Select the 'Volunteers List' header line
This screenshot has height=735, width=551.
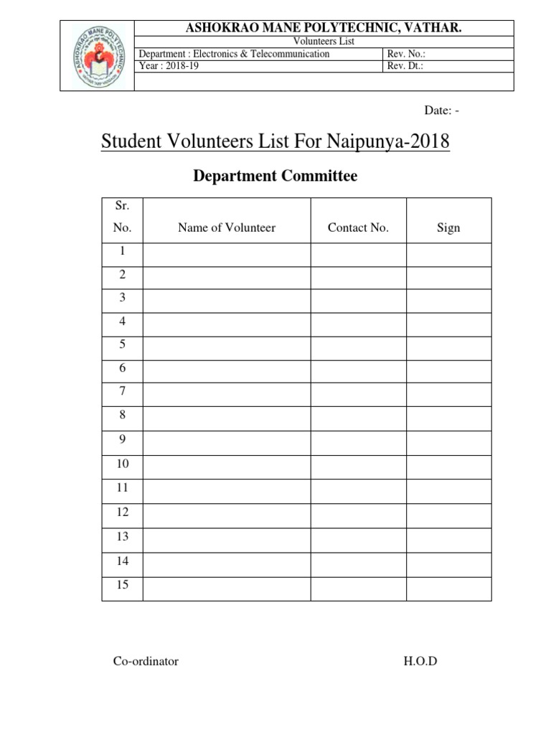(x=326, y=42)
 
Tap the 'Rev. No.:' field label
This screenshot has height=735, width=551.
(x=411, y=54)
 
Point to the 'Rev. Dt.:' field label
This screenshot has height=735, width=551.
(x=410, y=66)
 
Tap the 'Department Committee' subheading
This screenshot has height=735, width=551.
(x=275, y=176)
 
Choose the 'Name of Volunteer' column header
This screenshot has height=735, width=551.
(x=227, y=228)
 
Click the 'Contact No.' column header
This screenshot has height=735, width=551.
(x=358, y=228)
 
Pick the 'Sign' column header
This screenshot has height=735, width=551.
(x=448, y=228)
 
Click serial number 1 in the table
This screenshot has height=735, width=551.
(x=122, y=251)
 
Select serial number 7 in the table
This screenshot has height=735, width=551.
(x=122, y=391)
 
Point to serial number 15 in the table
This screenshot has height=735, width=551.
(x=122, y=585)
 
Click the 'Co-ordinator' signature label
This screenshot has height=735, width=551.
(x=146, y=661)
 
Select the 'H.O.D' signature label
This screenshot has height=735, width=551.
(x=420, y=661)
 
